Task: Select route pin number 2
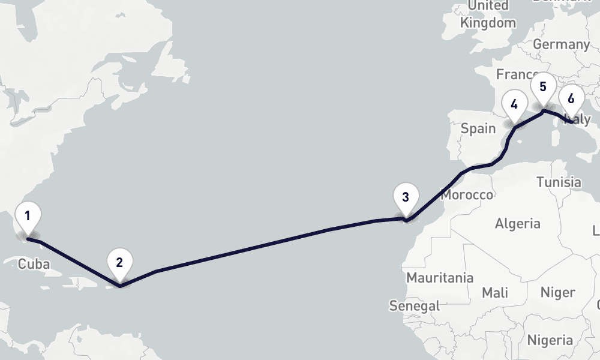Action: coord(119,262)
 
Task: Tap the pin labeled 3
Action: coord(406,197)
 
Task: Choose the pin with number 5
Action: coord(543,86)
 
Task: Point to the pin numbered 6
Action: coord(571,98)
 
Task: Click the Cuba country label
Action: coord(34,265)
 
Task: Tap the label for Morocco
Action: coord(467,195)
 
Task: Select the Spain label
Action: coord(478,128)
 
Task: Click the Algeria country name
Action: coord(517,224)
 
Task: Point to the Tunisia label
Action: coord(559,182)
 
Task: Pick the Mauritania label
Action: coord(440,278)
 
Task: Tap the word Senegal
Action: coord(414,305)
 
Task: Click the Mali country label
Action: coord(494,293)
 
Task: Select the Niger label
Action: coord(558,293)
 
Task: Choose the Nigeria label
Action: coord(550,340)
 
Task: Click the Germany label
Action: coord(561,44)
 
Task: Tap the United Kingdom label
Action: coord(488,14)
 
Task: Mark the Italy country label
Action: coord(580,120)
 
